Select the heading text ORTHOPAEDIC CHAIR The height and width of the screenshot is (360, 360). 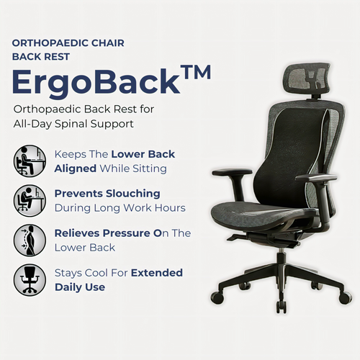click(x=68, y=43)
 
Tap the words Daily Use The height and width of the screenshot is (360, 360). click(x=80, y=287)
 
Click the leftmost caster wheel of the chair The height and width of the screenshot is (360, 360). click(x=217, y=297)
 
